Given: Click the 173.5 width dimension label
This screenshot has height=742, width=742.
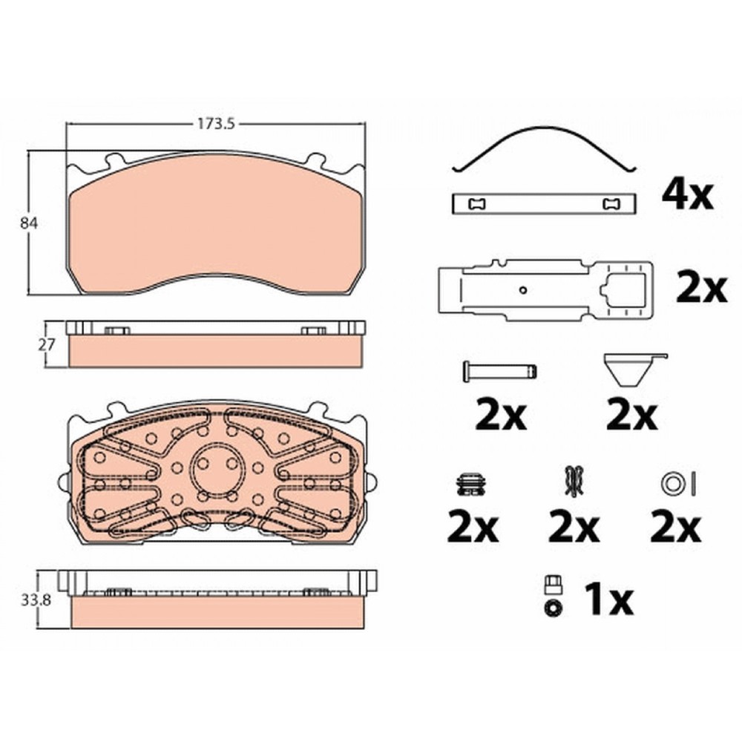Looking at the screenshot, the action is pos(216,124).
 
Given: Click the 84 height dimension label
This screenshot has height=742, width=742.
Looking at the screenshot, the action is pos(29,223).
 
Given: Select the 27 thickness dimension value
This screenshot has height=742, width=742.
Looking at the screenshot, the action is pos(47,344).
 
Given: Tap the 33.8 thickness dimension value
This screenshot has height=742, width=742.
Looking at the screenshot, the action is pos(36,600).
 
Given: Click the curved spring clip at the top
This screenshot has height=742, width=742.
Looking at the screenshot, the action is pos(545,149).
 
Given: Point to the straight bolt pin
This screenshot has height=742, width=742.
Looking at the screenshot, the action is pos(499,370).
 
